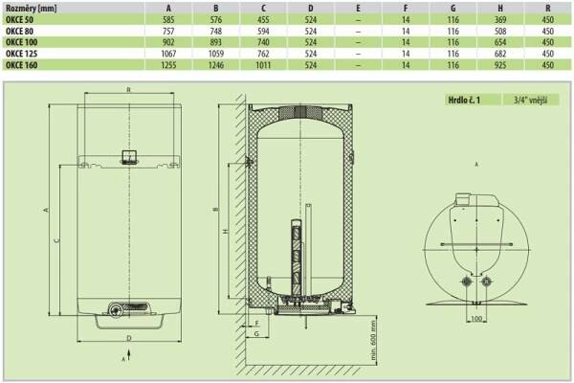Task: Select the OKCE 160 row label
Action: point(22,65)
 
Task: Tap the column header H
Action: point(500,8)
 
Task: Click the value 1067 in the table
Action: point(168,54)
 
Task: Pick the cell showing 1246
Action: point(216,65)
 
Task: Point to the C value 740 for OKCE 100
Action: point(263,42)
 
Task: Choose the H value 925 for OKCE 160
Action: point(500,65)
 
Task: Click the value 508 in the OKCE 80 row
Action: point(500,32)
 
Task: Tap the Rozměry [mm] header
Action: point(32,8)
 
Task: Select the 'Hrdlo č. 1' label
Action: point(464,100)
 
